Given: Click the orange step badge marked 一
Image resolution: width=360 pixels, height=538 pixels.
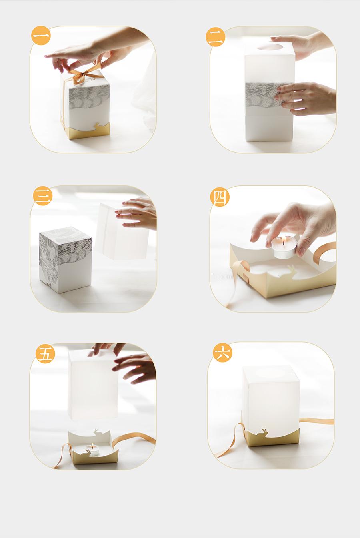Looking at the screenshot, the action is pyautogui.click(x=41, y=36).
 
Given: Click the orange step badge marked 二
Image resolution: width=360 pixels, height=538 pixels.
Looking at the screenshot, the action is pyautogui.click(x=215, y=37).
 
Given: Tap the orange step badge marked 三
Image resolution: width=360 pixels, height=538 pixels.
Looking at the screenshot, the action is pyautogui.click(x=42, y=196).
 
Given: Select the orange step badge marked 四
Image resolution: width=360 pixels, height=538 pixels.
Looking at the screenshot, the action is pyautogui.click(x=220, y=197).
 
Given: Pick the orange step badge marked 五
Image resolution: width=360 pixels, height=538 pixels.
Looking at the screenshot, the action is pyautogui.click(x=45, y=353).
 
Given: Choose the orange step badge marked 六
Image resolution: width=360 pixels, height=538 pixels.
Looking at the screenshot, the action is pyautogui.click(x=222, y=353).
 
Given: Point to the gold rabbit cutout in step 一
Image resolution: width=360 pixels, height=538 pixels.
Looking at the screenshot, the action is pyautogui.click(x=96, y=126).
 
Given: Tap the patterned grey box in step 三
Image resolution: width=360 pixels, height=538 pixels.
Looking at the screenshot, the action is pyautogui.click(x=66, y=260).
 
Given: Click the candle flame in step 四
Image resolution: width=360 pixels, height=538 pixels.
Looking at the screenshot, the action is pyautogui.click(x=284, y=241).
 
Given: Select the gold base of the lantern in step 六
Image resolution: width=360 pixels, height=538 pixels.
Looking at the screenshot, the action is pyautogui.click(x=271, y=437).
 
